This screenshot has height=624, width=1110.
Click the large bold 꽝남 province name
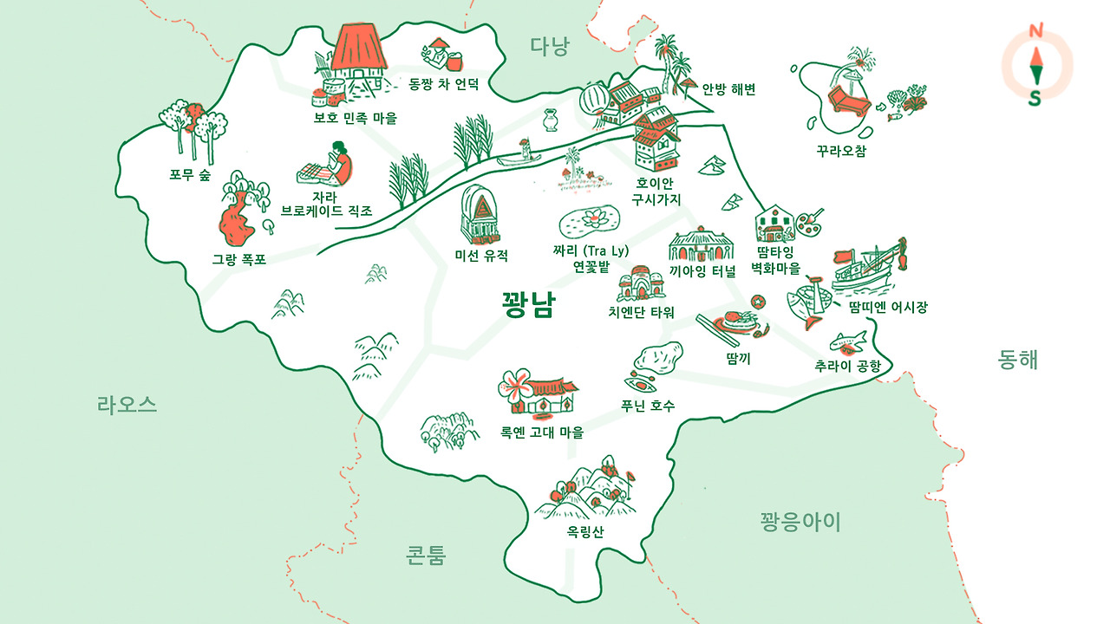click(x=528, y=305)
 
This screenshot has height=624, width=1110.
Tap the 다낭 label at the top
click(x=550, y=47)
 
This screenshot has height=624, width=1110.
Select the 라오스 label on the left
click(x=127, y=404)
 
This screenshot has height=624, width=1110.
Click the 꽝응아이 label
click(x=800, y=522)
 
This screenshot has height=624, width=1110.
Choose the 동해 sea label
click(x=1017, y=360)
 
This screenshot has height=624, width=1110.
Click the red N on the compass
click(x=1035, y=32)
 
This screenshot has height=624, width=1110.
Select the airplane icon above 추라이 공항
click(x=846, y=340)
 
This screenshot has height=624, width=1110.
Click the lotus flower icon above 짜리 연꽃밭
click(x=590, y=219)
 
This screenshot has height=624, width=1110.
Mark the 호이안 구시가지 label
click(x=657, y=192)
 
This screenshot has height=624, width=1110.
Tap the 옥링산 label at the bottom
click(x=585, y=531)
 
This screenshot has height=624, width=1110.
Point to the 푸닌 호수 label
click(x=649, y=405)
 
